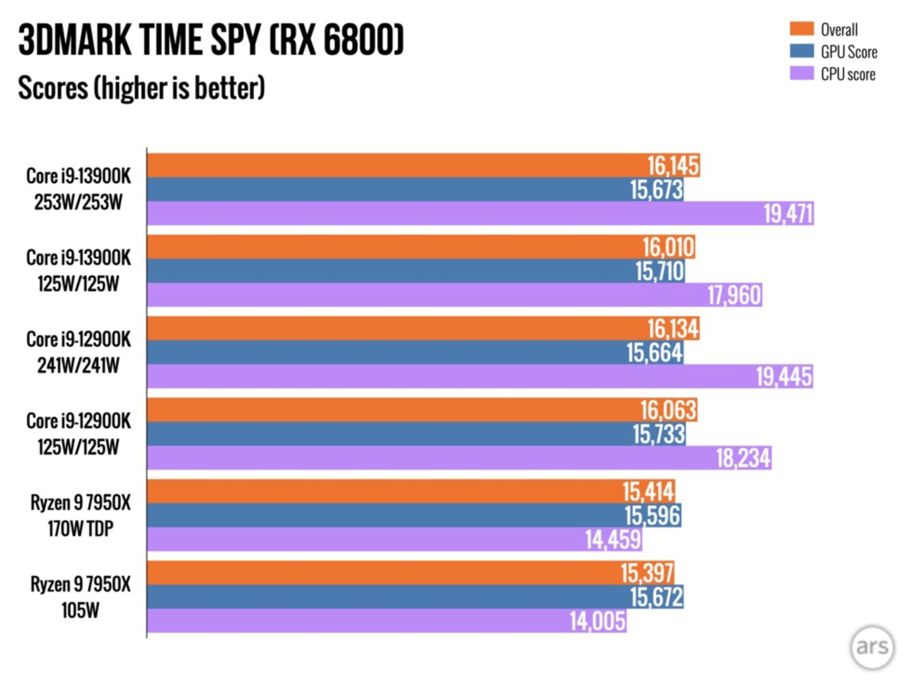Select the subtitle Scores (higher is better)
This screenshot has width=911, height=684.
141,88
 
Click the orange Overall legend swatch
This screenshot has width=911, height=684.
801,29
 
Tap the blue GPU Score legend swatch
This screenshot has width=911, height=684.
801,51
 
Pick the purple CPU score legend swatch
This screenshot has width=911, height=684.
801,74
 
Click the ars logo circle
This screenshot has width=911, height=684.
872,647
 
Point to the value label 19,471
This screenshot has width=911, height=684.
788,213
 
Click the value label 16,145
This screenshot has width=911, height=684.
673,166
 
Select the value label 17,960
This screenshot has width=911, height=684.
734,295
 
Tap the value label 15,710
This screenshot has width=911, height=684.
660,271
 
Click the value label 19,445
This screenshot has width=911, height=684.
784,377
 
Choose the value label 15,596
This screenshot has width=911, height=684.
652,516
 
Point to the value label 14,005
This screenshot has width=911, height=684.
597,621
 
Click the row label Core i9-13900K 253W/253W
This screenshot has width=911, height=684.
78,189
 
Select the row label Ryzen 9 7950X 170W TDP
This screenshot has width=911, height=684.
80,515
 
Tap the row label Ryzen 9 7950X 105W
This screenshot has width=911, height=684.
80,597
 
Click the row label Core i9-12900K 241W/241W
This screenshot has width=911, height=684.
78,352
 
